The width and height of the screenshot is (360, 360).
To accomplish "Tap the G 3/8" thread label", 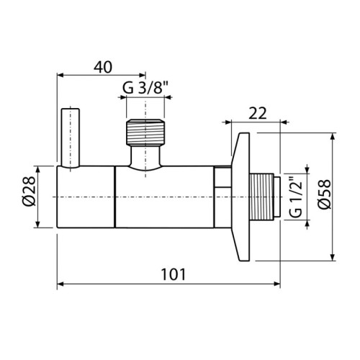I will pyautogui.click(x=146, y=90).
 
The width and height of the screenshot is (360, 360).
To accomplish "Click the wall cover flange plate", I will pyautogui.click(x=241, y=197).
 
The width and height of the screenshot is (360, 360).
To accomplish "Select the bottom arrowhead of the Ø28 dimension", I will pyautogui.click(x=35, y=225).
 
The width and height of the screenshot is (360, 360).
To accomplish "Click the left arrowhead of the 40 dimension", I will pyautogui.click(x=60, y=73).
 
